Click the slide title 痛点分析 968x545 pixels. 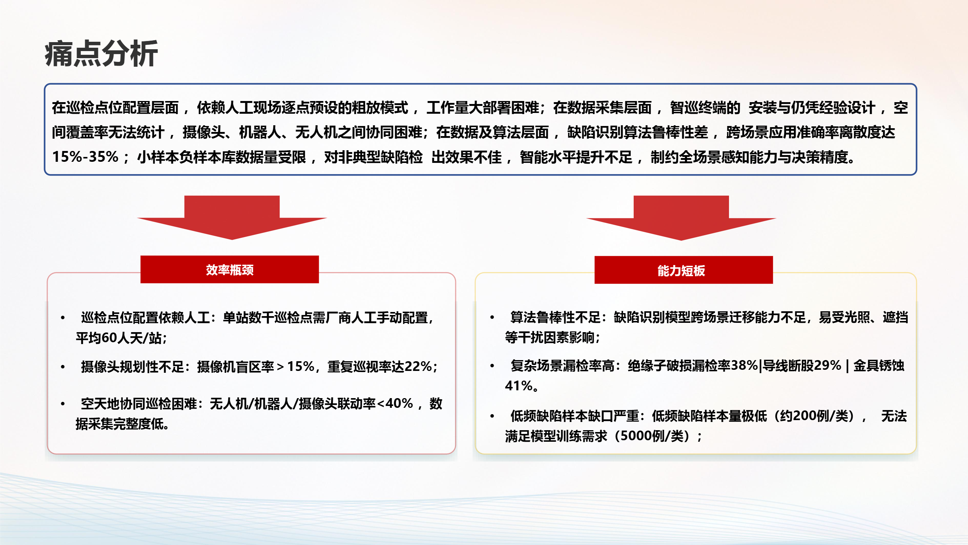101,54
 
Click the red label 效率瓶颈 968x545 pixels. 230,270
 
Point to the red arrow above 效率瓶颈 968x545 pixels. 232,217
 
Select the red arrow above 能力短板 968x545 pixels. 681,218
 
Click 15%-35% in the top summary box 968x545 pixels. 85,157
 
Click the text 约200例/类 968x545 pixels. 814,416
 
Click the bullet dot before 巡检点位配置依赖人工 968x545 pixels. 63,318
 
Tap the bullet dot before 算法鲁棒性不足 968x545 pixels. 492,318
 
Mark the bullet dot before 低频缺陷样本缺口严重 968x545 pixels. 492,416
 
